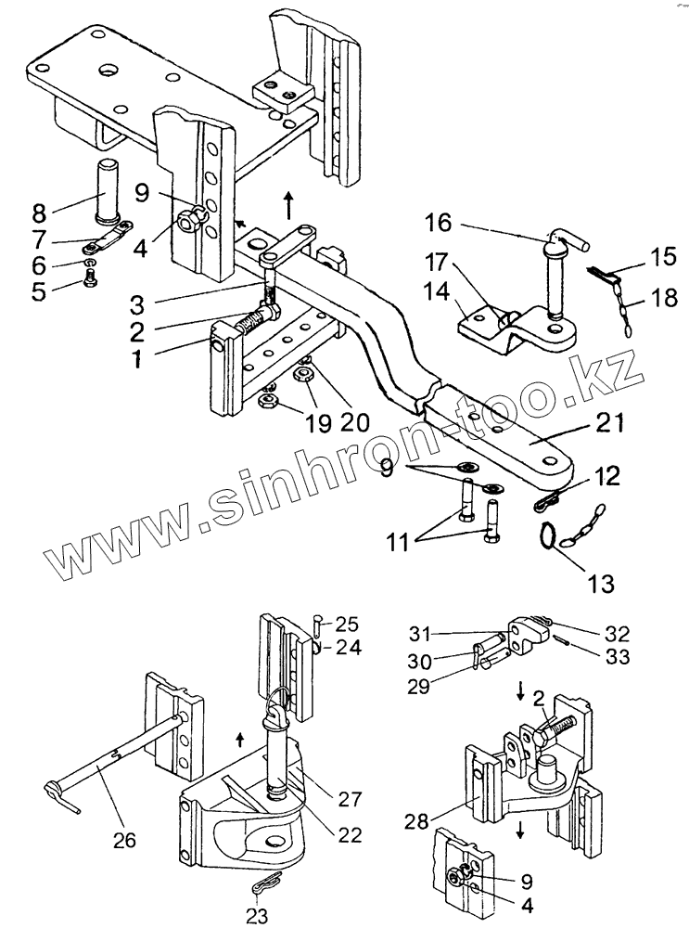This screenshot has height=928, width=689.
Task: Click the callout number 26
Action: click(x=123, y=841)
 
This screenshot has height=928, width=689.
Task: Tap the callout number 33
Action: click(x=617, y=656)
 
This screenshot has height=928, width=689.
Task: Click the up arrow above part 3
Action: click(x=289, y=201)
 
